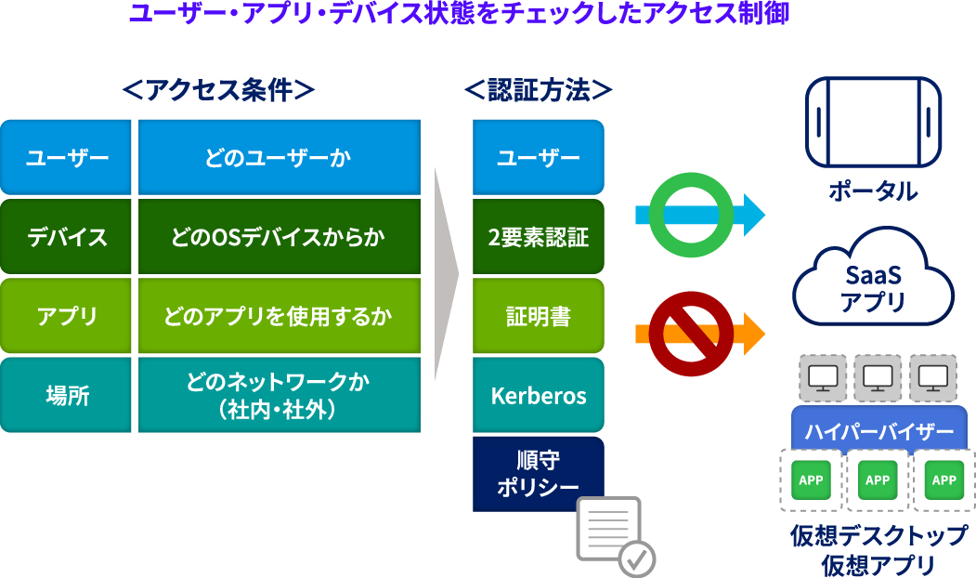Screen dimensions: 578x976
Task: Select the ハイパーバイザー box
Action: [878, 431]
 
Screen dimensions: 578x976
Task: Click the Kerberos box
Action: [539, 396]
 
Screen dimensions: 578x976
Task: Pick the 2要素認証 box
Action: [539, 237]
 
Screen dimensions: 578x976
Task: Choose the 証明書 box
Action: [539, 317]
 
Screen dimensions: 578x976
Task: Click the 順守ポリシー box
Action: [539, 474]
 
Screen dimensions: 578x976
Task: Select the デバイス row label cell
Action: [67, 237]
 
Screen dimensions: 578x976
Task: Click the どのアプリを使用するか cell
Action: [279, 317]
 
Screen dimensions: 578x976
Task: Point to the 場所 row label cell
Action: [67, 396]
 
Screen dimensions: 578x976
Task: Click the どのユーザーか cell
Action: [279, 158]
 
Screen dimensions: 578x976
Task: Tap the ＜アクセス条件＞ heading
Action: [218, 91]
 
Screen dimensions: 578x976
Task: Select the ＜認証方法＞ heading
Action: [539, 91]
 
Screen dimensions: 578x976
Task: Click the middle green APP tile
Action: [878, 480]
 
